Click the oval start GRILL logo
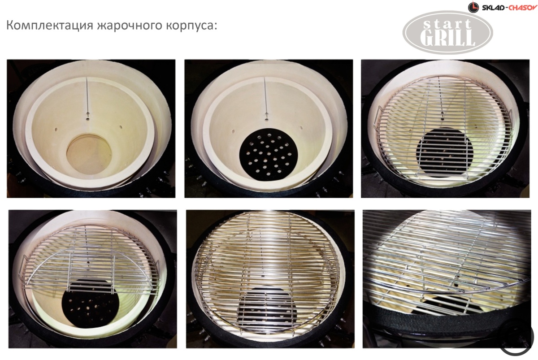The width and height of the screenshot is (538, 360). point(447,32)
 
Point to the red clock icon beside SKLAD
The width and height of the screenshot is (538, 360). point(473,7)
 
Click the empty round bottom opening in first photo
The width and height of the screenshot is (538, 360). point(89,154)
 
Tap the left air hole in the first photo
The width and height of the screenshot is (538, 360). point(56,129)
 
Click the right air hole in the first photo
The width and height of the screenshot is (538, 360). point(120,126)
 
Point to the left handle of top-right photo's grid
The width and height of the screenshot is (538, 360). point(376,116)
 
